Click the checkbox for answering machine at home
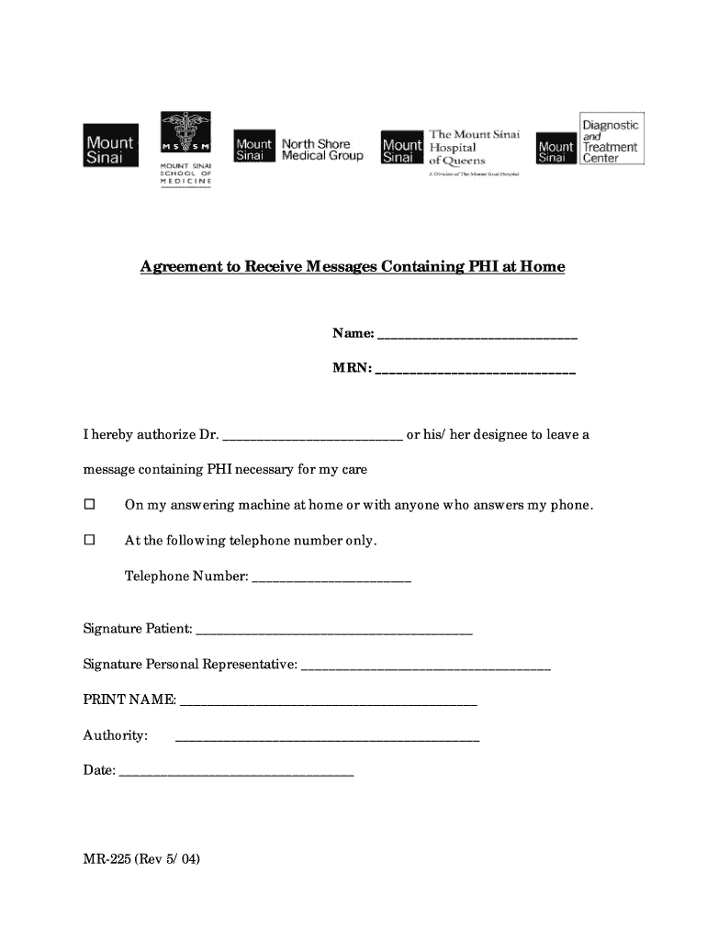coord(90,505)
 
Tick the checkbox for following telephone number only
coord(90,541)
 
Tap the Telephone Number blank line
coord(331,579)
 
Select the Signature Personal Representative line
coord(426,666)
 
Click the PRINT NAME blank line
coord(329,702)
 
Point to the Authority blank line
coord(327,737)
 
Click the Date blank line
coord(236,773)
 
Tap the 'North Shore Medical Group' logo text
coord(321,150)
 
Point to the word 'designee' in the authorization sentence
coord(512,435)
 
